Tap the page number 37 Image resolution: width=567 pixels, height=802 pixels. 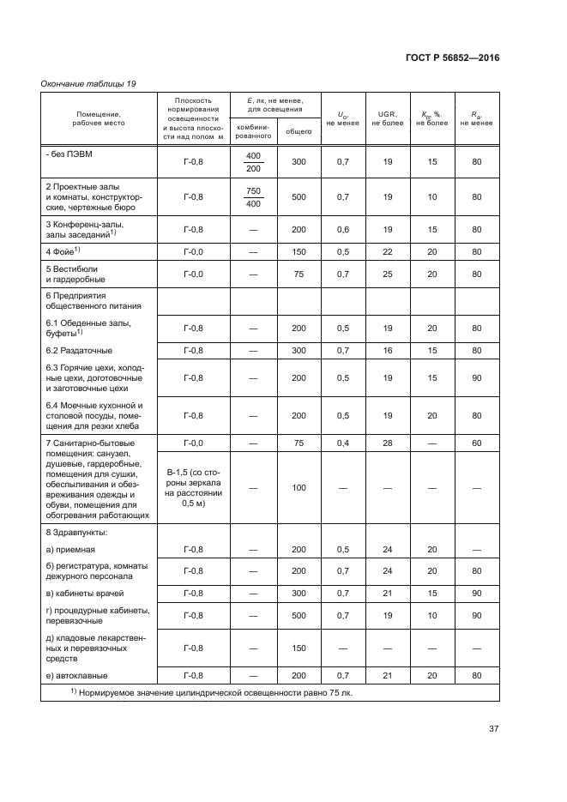coord(493,729)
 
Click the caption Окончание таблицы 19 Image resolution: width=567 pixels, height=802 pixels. coord(88,83)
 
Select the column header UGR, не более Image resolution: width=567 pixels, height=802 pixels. coord(387,118)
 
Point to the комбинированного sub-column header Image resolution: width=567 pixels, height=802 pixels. coord(253,131)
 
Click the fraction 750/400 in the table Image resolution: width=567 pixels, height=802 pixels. coord(253,196)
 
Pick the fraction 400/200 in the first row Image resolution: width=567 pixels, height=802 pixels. coord(253,161)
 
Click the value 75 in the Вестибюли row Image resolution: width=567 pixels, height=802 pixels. coord(299,274)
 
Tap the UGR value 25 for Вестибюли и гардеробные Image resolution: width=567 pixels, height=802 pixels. coord(387,274)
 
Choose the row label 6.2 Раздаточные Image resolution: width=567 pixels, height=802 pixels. coord(79,351)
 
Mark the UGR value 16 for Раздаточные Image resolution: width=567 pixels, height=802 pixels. coord(387,351)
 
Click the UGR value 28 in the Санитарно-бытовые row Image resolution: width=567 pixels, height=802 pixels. coord(387,443)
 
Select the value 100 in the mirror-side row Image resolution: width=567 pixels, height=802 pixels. coord(299,488)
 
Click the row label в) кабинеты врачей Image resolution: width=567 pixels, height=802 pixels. coord(86,594)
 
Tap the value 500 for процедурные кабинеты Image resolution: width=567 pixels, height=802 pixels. coord(299,616)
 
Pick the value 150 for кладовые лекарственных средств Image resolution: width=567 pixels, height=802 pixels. coord(299,648)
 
